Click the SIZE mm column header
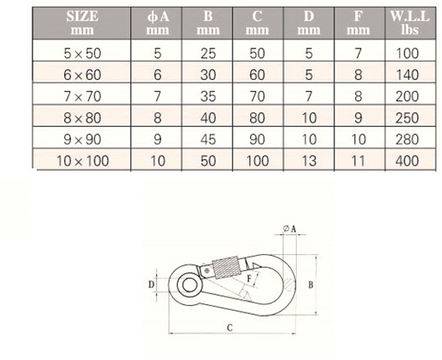[x=82, y=22]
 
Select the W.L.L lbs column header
[x=409, y=22]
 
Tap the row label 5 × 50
[x=83, y=53]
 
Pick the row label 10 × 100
[x=83, y=161]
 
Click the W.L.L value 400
[x=407, y=161]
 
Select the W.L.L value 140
[x=407, y=75]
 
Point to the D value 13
[x=309, y=161]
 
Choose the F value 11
[x=359, y=161]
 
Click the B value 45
[x=208, y=139]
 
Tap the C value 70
[x=257, y=97]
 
